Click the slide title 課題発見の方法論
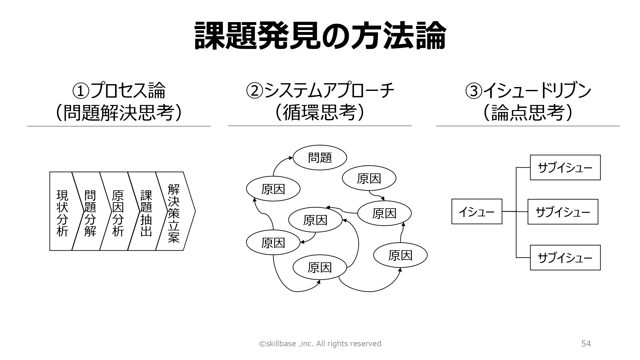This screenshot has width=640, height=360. [320, 36]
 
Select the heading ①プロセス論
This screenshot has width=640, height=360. [119, 91]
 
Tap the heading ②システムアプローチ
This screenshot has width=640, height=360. [320, 91]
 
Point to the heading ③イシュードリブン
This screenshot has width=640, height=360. [528, 91]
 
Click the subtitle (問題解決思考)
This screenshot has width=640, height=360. [119, 113]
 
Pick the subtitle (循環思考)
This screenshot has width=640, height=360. [320, 113]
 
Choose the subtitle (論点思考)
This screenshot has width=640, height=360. [528, 113]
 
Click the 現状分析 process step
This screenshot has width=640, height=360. [63, 211]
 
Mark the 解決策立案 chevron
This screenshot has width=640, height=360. [174, 211]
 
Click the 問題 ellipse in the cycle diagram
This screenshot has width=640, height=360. [320, 157]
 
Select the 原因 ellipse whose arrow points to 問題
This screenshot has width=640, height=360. [273, 189]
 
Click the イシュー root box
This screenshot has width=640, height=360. [477, 212]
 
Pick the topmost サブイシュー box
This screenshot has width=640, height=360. [565, 168]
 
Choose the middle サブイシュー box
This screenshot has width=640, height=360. [563, 212]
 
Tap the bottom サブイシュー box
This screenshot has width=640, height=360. [565, 258]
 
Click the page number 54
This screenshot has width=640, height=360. [586, 344]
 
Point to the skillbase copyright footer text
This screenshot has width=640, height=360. [320, 344]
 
